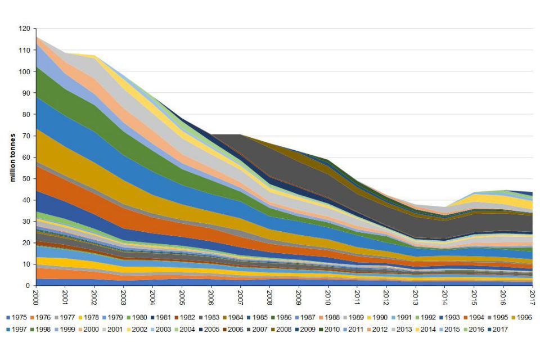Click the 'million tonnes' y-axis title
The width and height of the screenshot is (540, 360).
click(12, 157)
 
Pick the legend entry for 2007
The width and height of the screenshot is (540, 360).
click(259, 329)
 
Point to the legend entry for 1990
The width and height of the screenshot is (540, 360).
click(378, 317)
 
